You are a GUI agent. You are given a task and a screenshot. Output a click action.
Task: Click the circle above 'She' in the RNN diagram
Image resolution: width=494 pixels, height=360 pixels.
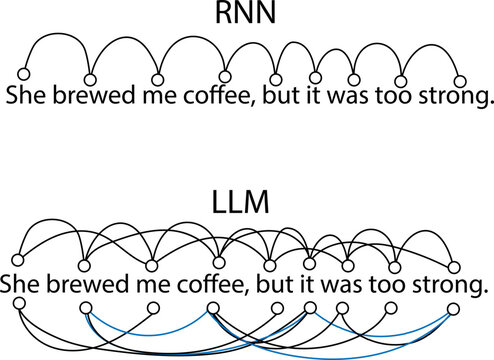tap(25, 75)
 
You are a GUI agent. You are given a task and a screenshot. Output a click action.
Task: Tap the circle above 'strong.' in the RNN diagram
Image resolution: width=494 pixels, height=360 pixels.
tap(461, 81)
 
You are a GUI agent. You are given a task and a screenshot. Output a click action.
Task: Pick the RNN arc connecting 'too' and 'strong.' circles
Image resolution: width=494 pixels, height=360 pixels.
tap(431, 56)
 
